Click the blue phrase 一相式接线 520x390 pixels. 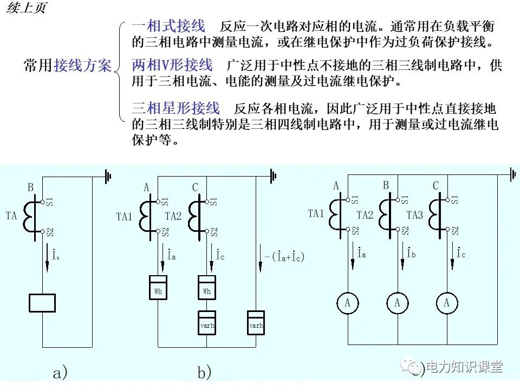point(168,26)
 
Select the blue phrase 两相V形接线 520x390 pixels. point(172,66)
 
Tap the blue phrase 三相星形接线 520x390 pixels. point(176,107)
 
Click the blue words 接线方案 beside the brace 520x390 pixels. point(82,66)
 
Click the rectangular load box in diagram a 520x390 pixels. point(42,302)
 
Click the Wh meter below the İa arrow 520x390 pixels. point(158,288)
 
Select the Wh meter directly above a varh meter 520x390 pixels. point(207,288)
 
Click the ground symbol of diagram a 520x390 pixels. point(108,176)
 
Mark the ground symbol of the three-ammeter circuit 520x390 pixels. point(512,174)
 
